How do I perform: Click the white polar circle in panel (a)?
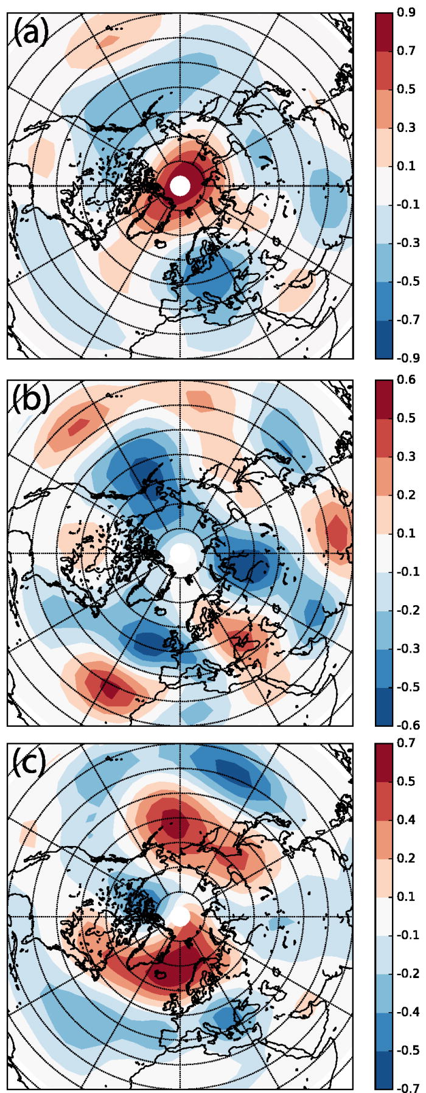click(x=180, y=186)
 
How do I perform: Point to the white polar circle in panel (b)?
click(x=180, y=553)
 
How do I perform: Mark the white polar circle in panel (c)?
click(x=180, y=917)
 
